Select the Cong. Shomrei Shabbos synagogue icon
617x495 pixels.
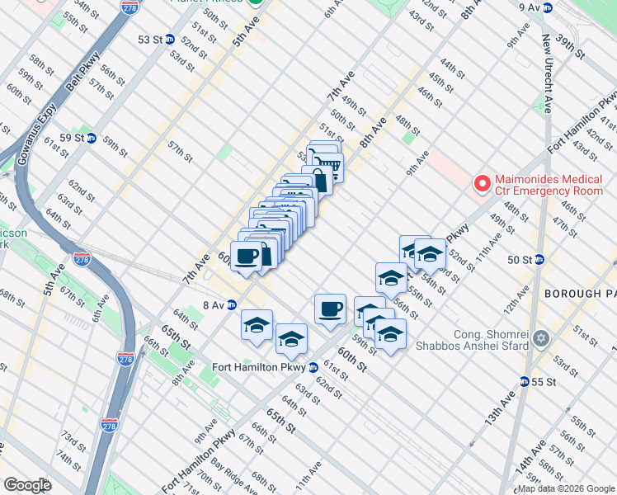541,338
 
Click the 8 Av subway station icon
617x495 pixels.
233,304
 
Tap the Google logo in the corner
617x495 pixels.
27,485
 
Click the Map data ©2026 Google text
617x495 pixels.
566,488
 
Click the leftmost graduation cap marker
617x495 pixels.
257,325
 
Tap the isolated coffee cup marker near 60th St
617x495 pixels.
330,309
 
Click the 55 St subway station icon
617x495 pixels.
524,381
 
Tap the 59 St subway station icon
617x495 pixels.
92,138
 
